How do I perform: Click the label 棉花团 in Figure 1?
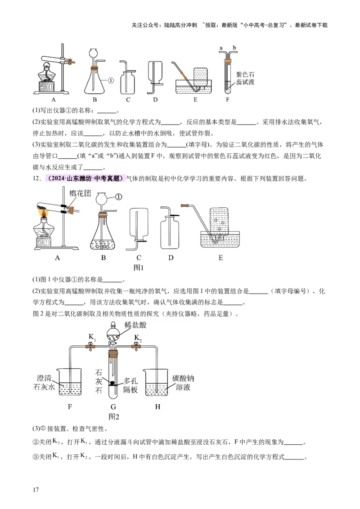coord(79,193)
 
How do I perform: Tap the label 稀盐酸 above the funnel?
coord(136,325)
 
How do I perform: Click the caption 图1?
coord(139,267)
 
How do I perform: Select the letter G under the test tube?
coord(114,407)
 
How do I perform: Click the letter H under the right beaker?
coord(157,407)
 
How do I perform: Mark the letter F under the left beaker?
coord(70,407)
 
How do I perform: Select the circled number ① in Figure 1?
coord(119,196)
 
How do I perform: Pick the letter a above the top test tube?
coord(221,47)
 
